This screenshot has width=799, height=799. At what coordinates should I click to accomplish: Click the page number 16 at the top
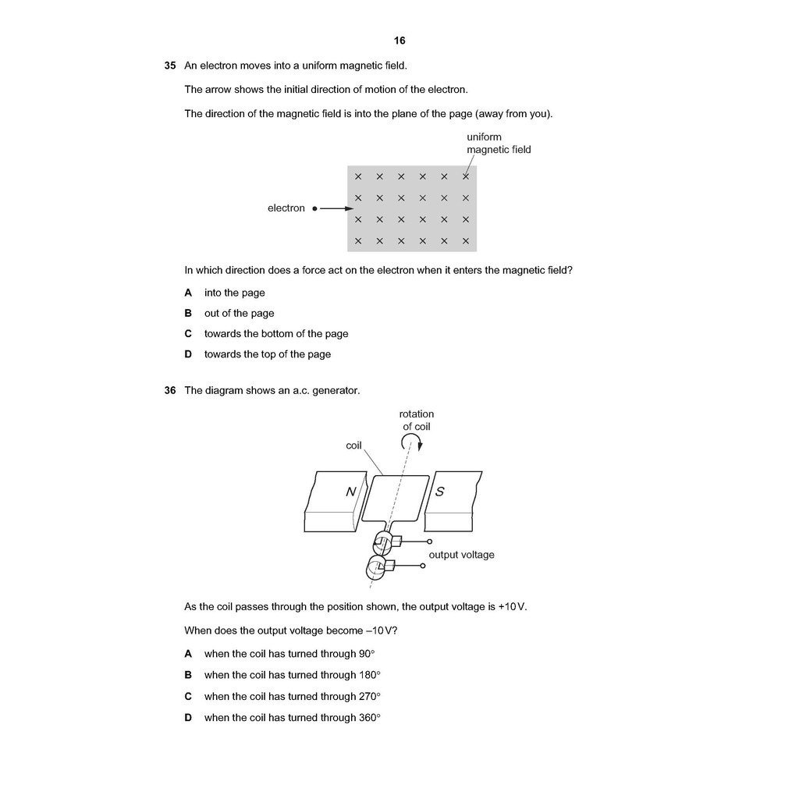399,41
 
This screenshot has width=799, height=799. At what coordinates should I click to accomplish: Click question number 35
170,66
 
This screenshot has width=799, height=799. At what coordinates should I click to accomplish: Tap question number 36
170,390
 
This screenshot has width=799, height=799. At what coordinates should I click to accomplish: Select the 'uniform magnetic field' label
499,144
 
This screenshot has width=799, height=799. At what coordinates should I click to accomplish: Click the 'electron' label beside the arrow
286,208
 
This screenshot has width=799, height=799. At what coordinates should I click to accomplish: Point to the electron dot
314,208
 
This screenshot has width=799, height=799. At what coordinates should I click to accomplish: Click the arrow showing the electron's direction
337,208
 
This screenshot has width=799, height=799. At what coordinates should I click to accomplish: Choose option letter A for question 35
188,293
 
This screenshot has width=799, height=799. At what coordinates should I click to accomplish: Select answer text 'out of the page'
240,314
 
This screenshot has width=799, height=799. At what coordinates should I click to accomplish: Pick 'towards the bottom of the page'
276,334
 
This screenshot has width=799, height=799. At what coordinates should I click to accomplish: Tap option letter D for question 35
188,354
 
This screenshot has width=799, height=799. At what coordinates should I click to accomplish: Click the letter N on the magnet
351,492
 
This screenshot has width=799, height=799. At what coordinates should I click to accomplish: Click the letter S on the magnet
440,492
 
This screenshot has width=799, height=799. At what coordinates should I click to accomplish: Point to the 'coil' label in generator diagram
354,446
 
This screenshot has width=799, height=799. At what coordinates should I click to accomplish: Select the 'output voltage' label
461,555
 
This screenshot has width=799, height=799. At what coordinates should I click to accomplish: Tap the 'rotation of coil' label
417,421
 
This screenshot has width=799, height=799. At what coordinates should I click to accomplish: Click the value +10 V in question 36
513,607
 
